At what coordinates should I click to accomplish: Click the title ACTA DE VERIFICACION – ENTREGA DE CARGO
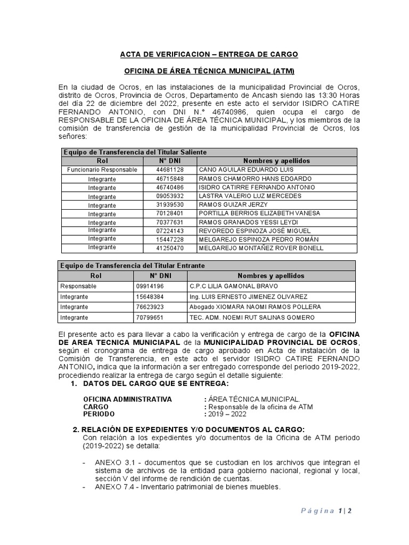click(209, 54)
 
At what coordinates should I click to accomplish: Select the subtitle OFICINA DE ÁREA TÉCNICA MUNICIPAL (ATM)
click(209, 71)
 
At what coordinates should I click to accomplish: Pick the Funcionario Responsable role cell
click(102, 170)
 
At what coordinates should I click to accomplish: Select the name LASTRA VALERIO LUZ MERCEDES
click(243, 196)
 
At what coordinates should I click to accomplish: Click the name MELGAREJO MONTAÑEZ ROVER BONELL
click(260, 248)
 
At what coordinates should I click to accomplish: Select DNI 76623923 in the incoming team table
click(150, 307)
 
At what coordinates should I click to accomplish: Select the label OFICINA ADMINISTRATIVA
click(128, 399)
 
